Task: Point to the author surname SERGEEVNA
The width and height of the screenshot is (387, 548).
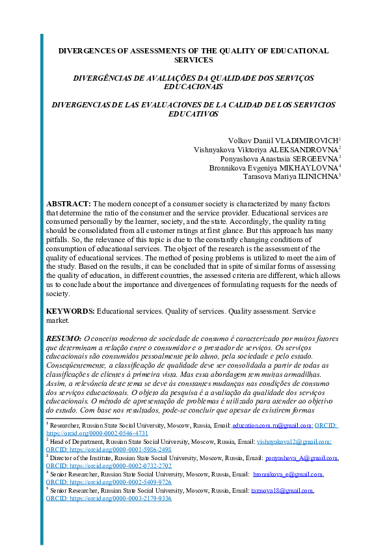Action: tap(310, 159)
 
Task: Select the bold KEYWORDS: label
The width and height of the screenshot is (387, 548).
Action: tap(70, 311)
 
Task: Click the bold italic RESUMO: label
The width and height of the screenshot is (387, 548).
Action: tap(63, 339)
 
